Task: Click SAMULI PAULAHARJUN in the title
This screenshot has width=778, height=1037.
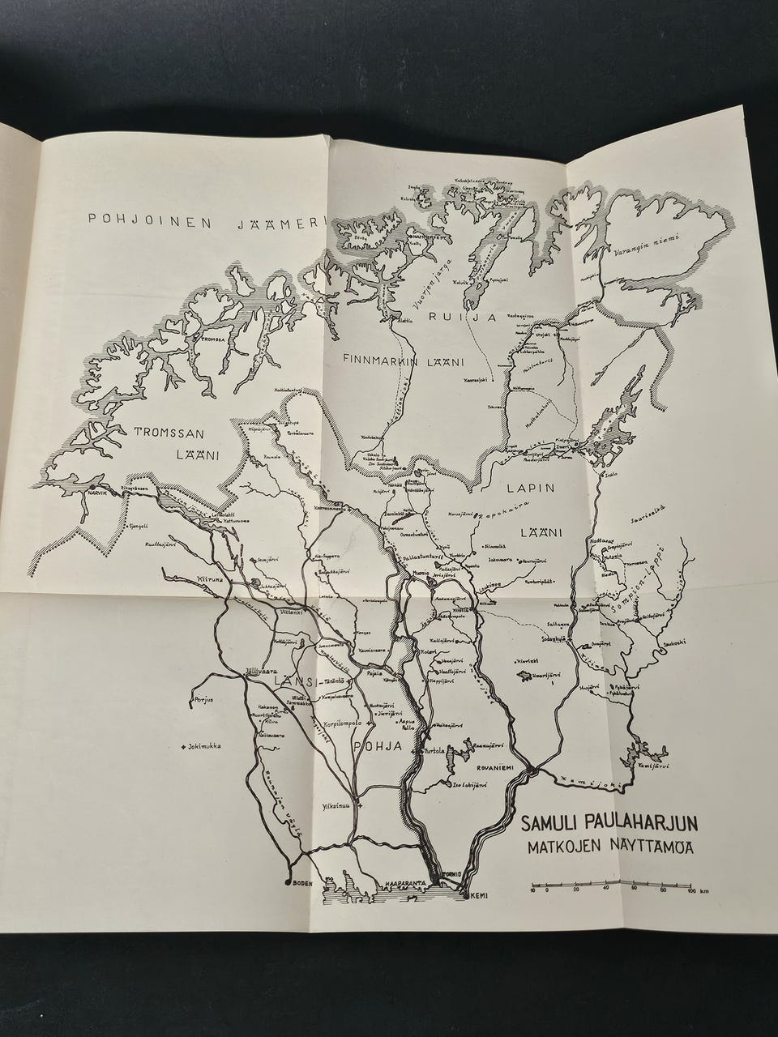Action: coord(611,826)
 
